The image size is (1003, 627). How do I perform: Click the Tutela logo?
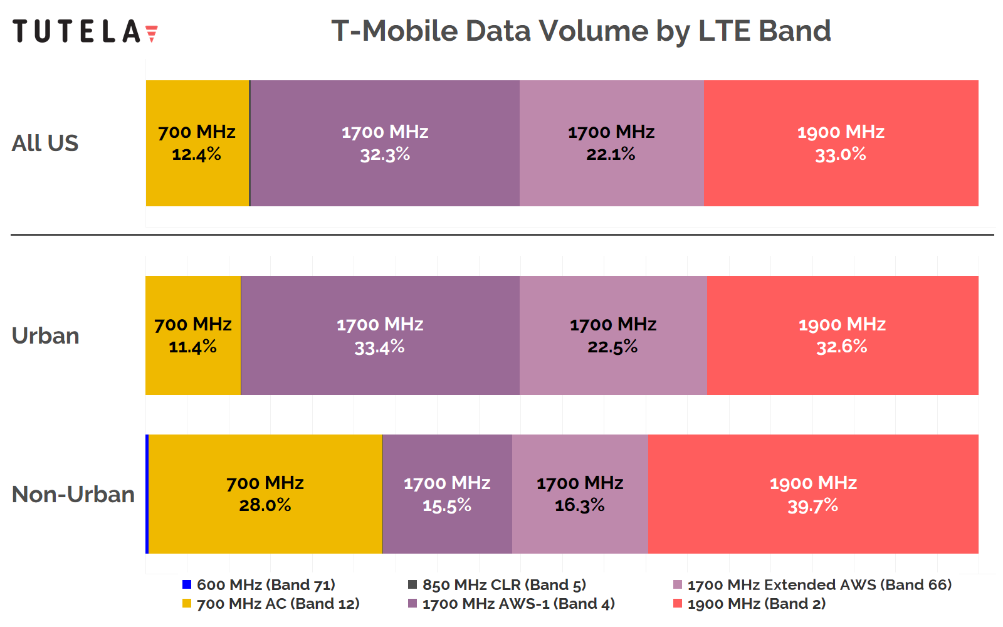[x=85, y=31]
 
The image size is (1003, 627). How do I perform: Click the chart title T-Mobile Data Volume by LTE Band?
[x=580, y=31]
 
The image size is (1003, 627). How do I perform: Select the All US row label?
[x=45, y=143]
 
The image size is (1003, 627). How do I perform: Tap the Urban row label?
[x=45, y=335]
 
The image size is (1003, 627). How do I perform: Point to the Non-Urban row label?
[x=73, y=494]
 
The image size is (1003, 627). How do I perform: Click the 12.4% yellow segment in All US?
[x=197, y=143]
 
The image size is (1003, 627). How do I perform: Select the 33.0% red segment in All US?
[x=841, y=143]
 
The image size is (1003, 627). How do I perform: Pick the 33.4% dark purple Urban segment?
[x=380, y=335]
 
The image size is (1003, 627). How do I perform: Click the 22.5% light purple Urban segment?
[x=613, y=335]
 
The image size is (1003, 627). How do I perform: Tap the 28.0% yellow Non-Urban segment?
[x=265, y=494]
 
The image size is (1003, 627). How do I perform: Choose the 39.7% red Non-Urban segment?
[x=813, y=494]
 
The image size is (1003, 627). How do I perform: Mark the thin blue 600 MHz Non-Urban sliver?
[x=147, y=494]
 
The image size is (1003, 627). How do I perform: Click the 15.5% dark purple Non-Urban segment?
[x=447, y=494]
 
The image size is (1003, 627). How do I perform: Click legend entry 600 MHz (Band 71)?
[x=266, y=585]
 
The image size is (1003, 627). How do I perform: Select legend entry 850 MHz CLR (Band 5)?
[x=504, y=585]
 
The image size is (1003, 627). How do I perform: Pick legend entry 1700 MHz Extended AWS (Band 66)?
[x=819, y=585]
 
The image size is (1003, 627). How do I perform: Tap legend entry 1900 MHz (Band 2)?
[x=756, y=604]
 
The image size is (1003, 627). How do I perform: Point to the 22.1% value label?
[x=611, y=154]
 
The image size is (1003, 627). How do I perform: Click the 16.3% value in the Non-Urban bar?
[x=580, y=505]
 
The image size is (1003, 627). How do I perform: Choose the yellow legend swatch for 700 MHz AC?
[x=187, y=604]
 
